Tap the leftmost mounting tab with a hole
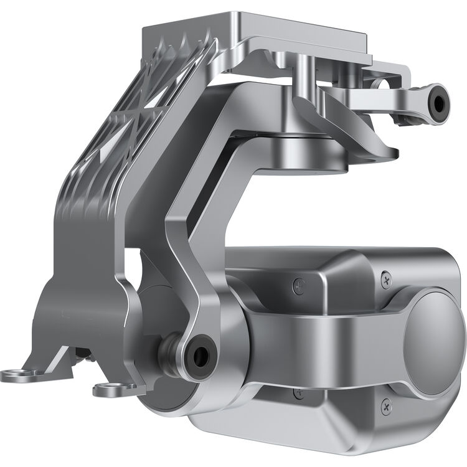tap(14, 374)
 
